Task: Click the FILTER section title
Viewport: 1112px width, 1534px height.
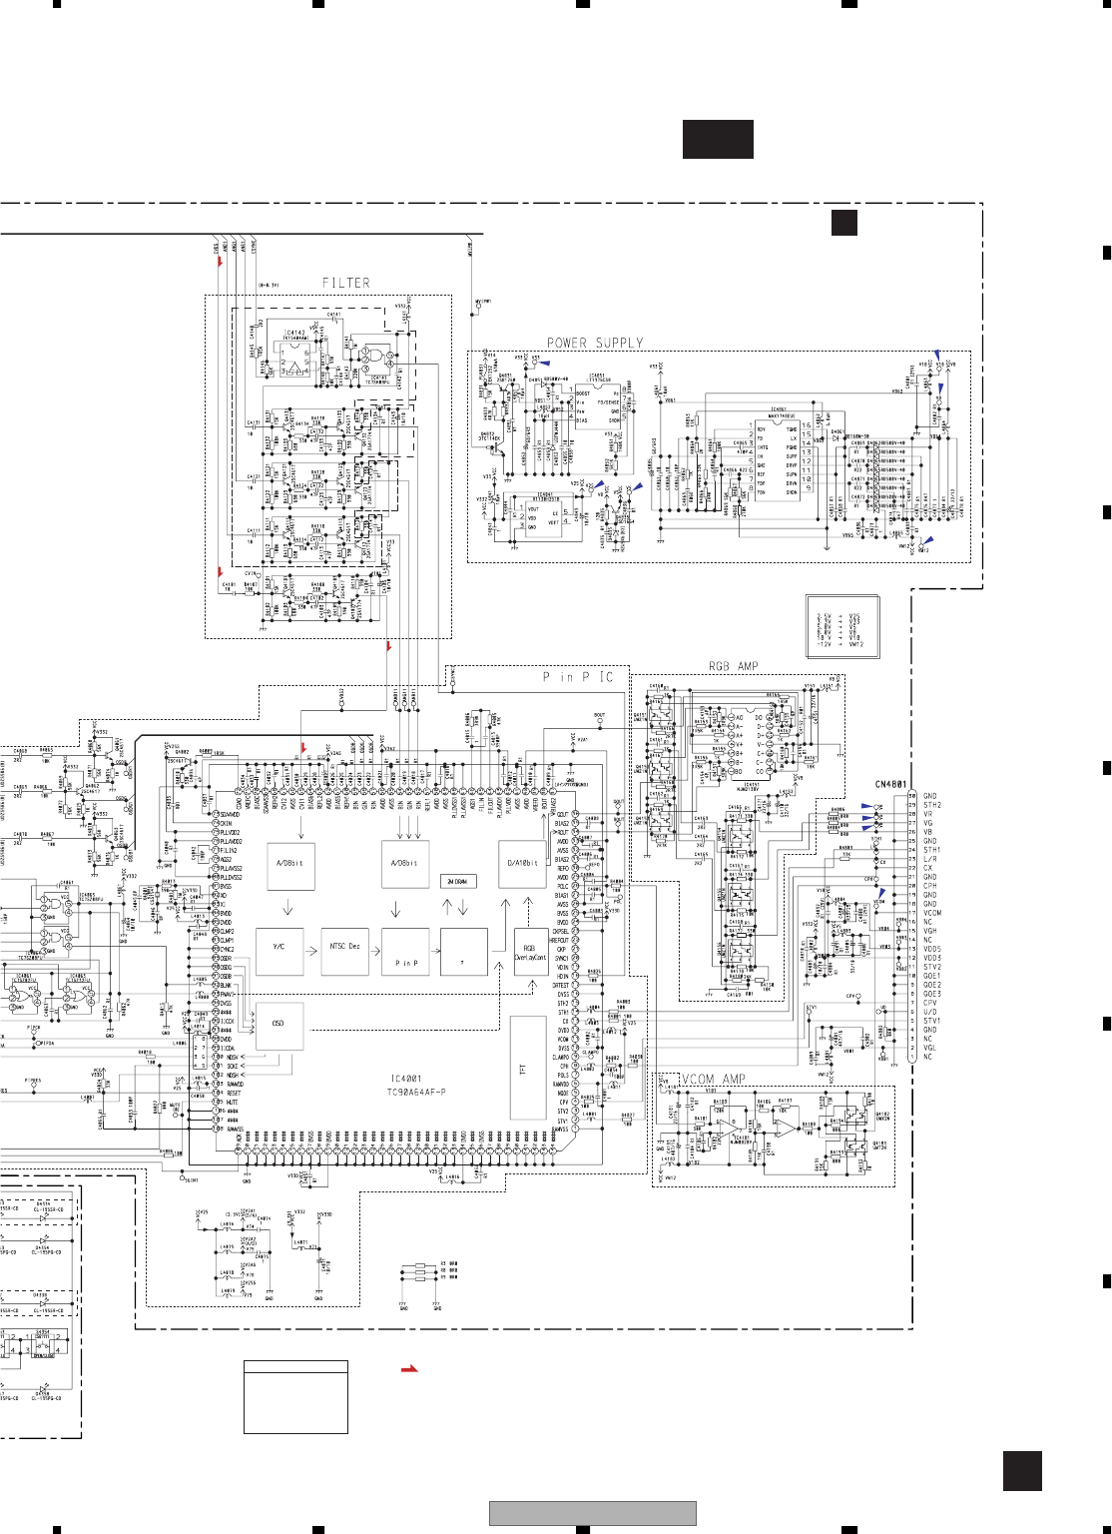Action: click(345, 284)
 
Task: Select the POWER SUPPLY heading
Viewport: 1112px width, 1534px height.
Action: click(595, 343)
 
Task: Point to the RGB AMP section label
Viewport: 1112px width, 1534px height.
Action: click(734, 666)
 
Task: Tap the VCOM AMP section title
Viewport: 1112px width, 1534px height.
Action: click(713, 1080)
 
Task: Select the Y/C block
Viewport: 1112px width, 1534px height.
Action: click(278, 947)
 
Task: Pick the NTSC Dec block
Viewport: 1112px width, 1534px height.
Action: click(345, 947)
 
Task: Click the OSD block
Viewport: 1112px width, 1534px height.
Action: click(278, 1024)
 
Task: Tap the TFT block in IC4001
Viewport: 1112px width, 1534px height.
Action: click(522, 1069)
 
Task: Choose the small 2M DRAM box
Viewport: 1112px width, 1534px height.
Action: click(458, 881)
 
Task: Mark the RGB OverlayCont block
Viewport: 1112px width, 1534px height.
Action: click(530, 953)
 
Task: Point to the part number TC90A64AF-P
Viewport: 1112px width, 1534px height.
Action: click(416, 1093)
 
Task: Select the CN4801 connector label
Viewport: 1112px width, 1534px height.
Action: click(890, 785)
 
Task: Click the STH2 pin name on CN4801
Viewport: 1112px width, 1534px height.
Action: click(931, 805)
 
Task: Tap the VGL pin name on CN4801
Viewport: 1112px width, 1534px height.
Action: click(929, 1048)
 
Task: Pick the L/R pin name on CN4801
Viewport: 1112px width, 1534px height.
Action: click(929, 859)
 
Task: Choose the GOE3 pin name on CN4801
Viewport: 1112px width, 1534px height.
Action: click(931, 994)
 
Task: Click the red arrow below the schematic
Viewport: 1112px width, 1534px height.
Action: click(409, 1369)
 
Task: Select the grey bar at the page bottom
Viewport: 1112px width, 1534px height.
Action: click(592, 1514)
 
